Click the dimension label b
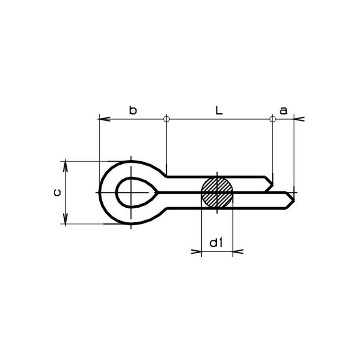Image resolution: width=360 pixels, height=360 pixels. click(133, 110)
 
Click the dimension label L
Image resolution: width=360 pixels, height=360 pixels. click(219, 110)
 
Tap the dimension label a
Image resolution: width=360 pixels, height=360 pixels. click(283, 111)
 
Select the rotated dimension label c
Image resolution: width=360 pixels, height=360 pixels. click(57, 192)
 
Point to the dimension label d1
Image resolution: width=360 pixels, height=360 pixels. click(216, 243)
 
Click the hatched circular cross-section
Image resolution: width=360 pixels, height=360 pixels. click(217, 192)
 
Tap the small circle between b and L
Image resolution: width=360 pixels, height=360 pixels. click(167, 119)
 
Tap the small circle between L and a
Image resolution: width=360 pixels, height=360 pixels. click(272, 119)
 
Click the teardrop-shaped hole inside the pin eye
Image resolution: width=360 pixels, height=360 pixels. click(135, 192)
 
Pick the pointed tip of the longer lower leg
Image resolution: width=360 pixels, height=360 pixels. click(294, 201)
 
